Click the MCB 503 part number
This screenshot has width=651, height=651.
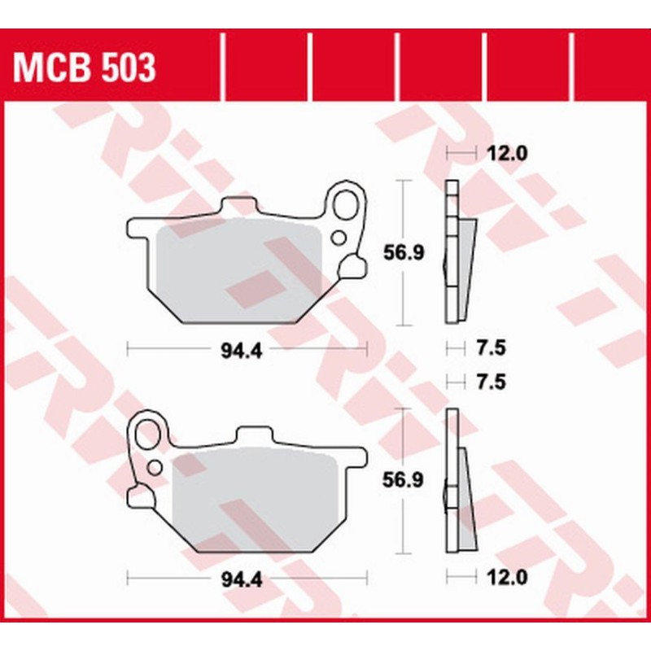pyautogui.click(x=85, y=69)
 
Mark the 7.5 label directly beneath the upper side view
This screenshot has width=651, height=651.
pyautogui.click(x=491, y=349)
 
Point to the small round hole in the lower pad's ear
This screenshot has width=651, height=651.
pyautogui.click(x=153, y=467)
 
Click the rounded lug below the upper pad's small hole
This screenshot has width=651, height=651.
pyautogui.click(x=355, y=265)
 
